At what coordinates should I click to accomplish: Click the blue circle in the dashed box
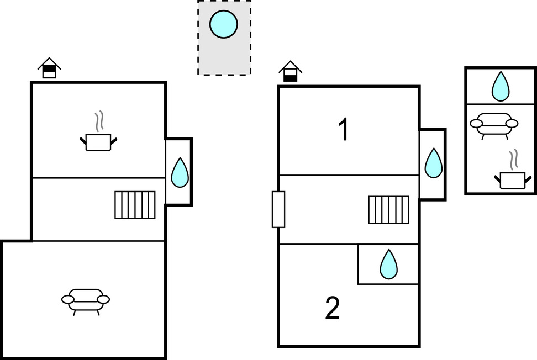[x=224, y=24]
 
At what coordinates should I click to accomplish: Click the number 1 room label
[x=344, y=130]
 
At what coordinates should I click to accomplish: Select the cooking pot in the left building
[x=99, y=142]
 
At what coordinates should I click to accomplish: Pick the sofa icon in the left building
[x=85, y=300]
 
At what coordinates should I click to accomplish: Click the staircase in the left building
[x=135, y=205]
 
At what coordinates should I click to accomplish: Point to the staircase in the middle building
[x=389, y=210]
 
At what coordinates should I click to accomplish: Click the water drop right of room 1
[x=433, y=163]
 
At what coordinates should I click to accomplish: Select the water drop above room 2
[x=388, y=264]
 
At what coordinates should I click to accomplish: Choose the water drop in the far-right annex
[x=500, y=87]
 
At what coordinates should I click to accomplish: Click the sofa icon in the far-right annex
[x=494, y=124]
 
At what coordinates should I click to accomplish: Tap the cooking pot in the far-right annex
[x=512, y=180]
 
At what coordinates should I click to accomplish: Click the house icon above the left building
[x=49, y=68]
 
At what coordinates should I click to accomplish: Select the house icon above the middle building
[x=290, y=72]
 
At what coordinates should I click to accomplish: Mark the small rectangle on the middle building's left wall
[x=278, y=209]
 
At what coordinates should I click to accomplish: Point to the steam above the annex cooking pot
[x=514, y=158]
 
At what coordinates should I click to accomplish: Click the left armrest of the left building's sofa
[x=68, y=299]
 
